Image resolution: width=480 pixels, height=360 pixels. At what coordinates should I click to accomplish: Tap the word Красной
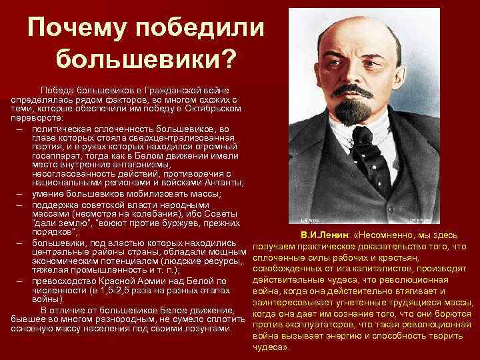129,280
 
